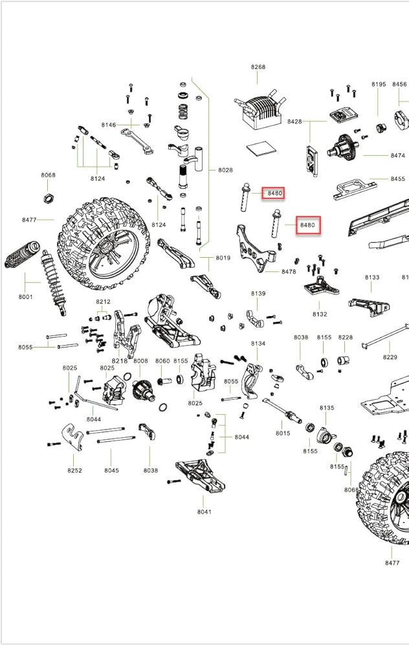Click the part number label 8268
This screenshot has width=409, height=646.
(x=258, y=67)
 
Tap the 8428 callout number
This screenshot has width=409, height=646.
(x=294, y=121)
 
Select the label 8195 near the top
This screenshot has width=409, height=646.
(x=379, y=85)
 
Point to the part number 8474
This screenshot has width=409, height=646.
(x=397, y=156)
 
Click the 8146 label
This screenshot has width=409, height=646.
(x=108, y=125)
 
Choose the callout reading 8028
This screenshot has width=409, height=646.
(x=225, y=170)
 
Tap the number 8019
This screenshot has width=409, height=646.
(x=223, y=258)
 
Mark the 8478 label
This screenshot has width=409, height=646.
(x=289, y=272)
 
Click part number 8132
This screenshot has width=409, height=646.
(x=320, y=314)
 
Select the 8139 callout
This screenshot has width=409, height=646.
(x=258, y=294)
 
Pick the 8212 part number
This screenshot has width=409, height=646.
(x=103, y=302)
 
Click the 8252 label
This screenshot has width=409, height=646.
(x=74, y=470)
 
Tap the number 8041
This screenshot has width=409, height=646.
(x=204, y=511)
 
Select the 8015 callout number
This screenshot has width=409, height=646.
(x=283, y=433)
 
